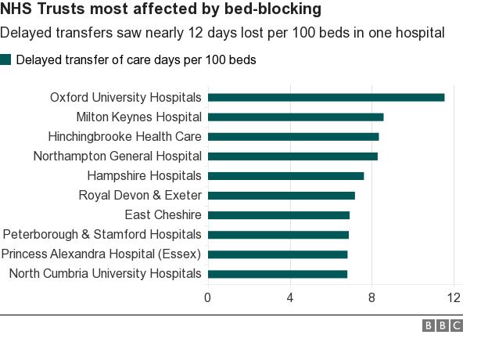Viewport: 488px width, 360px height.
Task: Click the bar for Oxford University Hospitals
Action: click(326, 98)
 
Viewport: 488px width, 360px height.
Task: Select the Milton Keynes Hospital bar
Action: click(296, 117)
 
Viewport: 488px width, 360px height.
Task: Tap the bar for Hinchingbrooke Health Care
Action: click(293, 137)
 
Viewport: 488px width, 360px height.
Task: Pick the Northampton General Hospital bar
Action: click(292, 157)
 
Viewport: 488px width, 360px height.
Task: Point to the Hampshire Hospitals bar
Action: click(285, 176)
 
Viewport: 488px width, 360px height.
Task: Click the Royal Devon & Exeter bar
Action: click(282, 196)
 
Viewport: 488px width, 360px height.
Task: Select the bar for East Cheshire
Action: click(278, 215)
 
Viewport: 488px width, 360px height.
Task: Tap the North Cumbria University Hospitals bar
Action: click(278, 274)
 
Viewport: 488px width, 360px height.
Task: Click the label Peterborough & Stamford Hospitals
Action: click(102, 235)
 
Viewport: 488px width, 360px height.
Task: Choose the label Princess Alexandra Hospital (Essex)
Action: click(102, 254)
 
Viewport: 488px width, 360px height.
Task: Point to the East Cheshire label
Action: click(163, 215)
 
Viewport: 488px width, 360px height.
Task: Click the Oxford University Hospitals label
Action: click(126, 98)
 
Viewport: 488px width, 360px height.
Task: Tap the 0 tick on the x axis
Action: click(207, 297)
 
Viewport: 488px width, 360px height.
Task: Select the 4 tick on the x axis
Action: click(290, 297)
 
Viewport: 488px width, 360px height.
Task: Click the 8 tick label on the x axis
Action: click(371, 297)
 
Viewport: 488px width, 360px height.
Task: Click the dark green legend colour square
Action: click(6, 59)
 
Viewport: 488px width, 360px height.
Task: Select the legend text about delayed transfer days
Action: click(136, 59)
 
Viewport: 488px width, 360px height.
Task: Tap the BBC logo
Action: click(443, 326)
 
